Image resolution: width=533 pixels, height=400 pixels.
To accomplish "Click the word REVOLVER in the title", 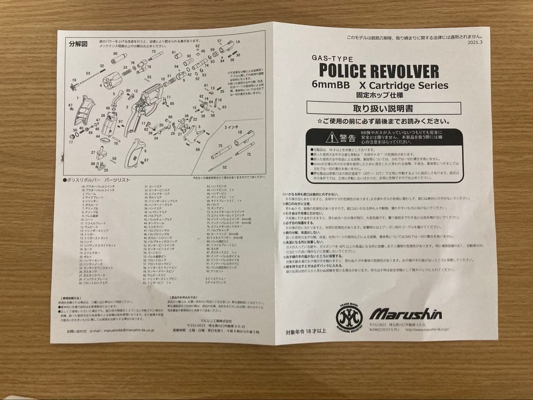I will [x=405, y=71].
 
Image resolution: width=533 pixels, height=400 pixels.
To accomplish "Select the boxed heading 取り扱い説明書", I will [x=383, y=108].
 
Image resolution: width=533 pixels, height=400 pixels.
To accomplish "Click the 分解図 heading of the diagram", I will [x=78, y=44].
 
